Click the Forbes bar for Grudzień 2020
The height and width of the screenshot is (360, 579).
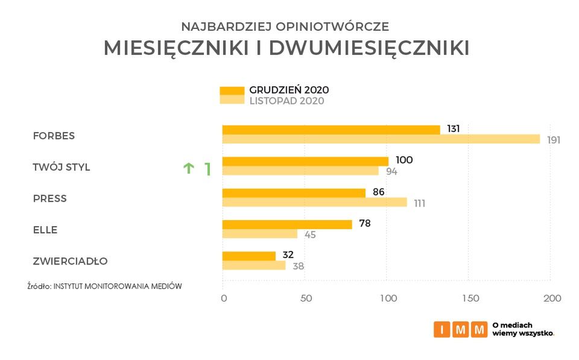331,130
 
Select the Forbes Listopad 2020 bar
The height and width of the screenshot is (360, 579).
381,139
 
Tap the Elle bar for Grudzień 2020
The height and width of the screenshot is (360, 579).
287,224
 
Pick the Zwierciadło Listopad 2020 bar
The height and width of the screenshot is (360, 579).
254,265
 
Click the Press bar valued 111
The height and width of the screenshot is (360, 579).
314,203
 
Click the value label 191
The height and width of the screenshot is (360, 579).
554,140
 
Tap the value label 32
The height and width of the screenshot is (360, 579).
287,254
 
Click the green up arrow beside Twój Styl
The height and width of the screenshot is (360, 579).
189,168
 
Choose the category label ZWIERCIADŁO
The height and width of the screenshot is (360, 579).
70,261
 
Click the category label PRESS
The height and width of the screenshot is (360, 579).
49,198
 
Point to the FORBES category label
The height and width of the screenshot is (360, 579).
54,136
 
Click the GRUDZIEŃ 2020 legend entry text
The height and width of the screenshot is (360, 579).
289,90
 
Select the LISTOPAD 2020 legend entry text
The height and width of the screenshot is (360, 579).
286,101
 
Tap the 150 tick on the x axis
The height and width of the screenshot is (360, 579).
470,298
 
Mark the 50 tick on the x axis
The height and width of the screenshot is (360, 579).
305,298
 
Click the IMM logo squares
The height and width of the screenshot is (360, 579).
460,329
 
